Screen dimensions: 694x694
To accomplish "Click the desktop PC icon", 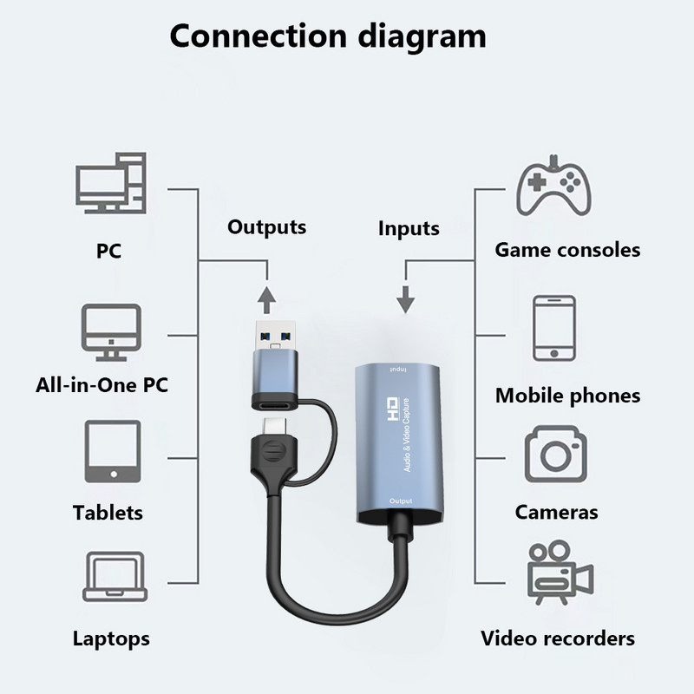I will pyautogui.click(x=108, y=186).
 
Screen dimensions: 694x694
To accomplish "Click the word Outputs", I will pyautogui.click(x=266, y=227).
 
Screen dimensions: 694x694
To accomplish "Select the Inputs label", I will pyautogui.click(x=409, y=229).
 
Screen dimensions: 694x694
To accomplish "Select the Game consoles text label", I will pyautogui.click(x=567, y=251).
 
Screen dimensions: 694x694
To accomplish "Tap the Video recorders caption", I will pyautogui.click(x=558, y=639).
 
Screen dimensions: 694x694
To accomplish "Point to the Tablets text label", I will pyautogui.click(x=108, y=513).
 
